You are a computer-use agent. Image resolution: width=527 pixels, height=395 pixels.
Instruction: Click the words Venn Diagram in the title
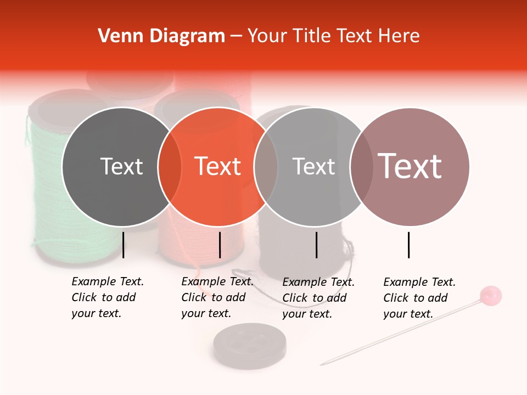coord(161,36)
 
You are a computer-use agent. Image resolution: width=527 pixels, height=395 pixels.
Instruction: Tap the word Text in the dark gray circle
coord(121,166)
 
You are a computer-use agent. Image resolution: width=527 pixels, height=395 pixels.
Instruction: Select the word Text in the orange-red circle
coord(218,166)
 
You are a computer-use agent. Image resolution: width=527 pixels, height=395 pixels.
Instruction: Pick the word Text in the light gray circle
coord(313,166)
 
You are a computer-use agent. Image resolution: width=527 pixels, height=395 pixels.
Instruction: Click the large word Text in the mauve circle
coord(410,166)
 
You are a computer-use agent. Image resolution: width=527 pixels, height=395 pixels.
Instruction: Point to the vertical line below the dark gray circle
coord(123,245)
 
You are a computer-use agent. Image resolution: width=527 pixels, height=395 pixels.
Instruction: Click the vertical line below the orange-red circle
coord(220,245)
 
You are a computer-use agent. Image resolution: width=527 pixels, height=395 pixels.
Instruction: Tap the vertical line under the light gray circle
coord(317,245)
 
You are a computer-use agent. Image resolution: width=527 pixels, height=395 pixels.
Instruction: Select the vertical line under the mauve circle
coord(409,245)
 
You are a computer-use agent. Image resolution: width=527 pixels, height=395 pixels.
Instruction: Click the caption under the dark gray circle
coord(108,297)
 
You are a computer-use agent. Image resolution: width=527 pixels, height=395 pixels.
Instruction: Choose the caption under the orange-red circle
coord(217,297)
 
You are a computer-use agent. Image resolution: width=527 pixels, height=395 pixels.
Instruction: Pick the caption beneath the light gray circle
coord(318,298)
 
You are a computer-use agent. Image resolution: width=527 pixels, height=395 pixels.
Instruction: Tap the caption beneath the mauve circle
coord(419,298)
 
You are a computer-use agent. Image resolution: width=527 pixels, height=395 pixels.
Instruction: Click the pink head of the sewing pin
coord(490,295)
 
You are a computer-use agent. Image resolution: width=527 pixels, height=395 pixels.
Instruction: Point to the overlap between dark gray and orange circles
coord(170,167)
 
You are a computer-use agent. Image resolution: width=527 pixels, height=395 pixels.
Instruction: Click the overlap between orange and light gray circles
coord(265,167)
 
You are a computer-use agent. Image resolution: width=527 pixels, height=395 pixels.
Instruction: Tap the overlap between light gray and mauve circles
coord(361,167)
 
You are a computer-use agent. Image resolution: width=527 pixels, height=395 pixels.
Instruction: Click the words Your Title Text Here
coord(333,36)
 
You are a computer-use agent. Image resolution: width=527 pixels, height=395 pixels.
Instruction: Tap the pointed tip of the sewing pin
coord(322,364)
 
